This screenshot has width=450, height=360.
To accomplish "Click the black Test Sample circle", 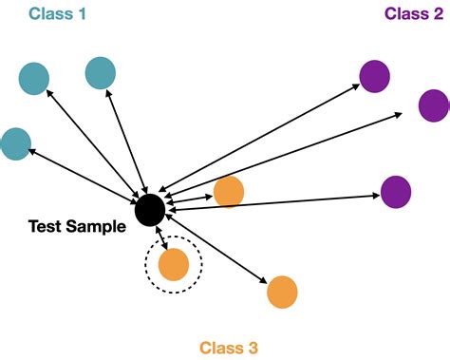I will [x=148, y=210].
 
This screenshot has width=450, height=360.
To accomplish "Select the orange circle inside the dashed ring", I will [x=174, y=263].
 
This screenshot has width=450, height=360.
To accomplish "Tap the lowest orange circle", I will [x=282, y=292].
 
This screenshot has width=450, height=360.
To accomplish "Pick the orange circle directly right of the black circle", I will [x=229, y=192].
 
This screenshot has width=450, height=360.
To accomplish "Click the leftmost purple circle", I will [x=375, y=75].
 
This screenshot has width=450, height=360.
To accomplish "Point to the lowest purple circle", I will [x=396, y=192].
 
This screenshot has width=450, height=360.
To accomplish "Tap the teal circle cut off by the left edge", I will [x=14, y=143].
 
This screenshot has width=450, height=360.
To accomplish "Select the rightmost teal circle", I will [x=100, y=72].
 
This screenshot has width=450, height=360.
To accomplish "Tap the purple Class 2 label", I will [x=412, y=13].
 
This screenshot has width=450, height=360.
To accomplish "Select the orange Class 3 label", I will [x=228, y=348].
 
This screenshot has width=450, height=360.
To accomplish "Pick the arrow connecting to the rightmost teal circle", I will [x=125, y=142].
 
